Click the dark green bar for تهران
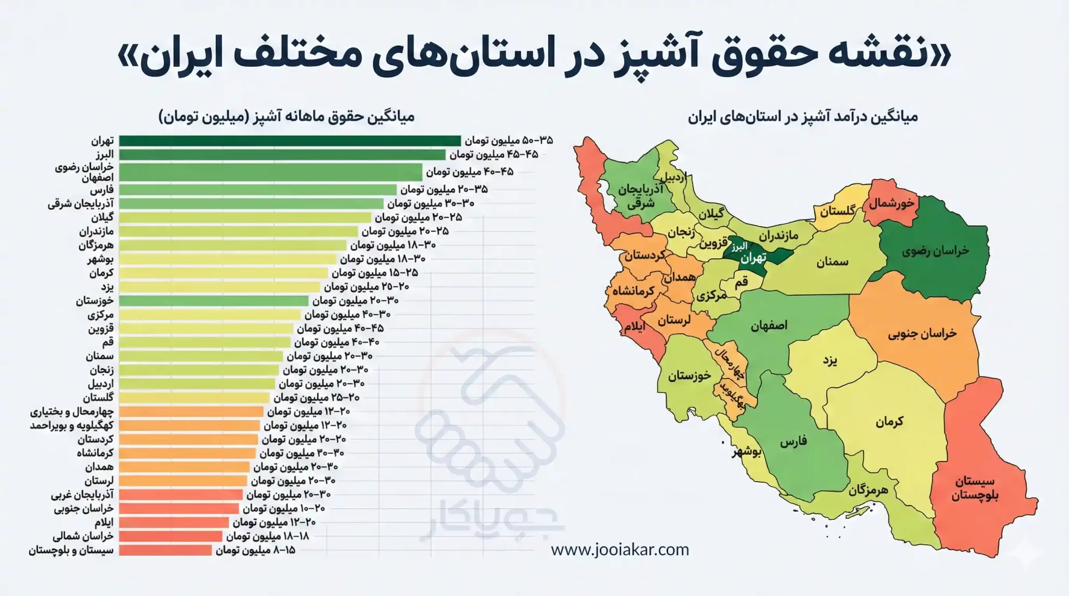pyautogui.click(x=290, y=141)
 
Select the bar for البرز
pyautogui.click(x=282, y=155)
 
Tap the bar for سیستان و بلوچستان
pyautogui.click(x=165, y=550)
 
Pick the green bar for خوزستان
pyautogui.click(x=213, y=301)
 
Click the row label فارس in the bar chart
pyautogui.click(x=102, y=190)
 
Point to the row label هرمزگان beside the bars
pyautogui.click(x=96, y=245)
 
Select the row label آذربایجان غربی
pyautogui.click(x=82, y=494)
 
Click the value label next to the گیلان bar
pyautogui.click(x=418, y=217)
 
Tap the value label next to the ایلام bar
pyautogui.click(x=274, y=522)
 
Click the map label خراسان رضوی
pyautogui.click(x=935, y=251)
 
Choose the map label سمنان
pyautogui.click(x=832, y=262)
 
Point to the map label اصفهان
pyautogui.click(x=769, y=326)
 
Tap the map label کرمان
pyautogui.click(x=889, y=421)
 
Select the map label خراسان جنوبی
pyautogui.click(x=922, y=334)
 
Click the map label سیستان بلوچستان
pyautogui.click(x=975, y=488)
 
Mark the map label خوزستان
pyautogui.click(x=689, y=375)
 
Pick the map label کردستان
pyautogui.click(x=645, y=256)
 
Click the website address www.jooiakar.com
pyautogui.click(x=620, y=550)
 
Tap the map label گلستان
pyautogui.click(x=837, y=211)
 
